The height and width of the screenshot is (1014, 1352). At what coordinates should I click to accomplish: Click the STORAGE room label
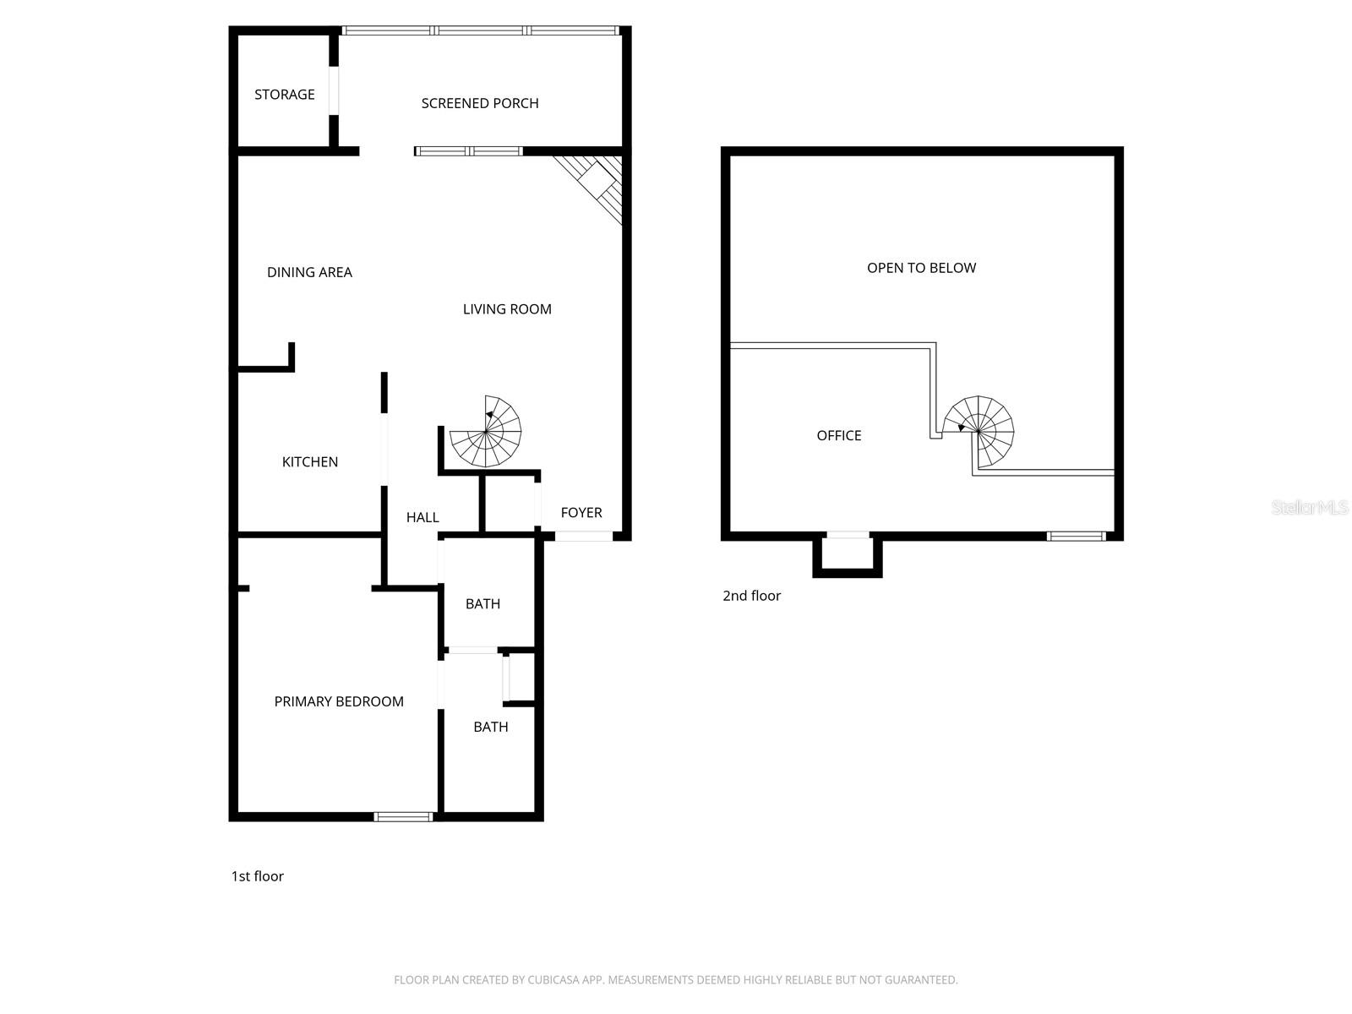point(284,95)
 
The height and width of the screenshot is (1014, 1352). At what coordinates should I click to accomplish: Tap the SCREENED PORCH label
point(479,103)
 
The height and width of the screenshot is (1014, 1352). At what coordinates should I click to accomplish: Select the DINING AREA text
point(309,272)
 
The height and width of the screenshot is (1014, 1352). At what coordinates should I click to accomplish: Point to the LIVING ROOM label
point(507,309)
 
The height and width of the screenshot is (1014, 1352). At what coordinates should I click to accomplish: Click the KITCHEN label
point(309,461)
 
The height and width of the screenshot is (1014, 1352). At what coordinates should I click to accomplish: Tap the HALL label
point(422,517)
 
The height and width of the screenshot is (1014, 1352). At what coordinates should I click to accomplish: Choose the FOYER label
point(581,512)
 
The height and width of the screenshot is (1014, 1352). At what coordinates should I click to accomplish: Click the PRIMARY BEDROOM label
point(339,701)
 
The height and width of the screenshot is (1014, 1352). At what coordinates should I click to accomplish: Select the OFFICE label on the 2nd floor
point(838,435)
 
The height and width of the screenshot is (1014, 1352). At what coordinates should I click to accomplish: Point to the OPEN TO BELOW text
point(921,268)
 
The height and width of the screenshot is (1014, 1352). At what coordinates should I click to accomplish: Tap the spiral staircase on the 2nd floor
point(979,431)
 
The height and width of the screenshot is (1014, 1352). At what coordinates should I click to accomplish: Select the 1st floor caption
point(257,876)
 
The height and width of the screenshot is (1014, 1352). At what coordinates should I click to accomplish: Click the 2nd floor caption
point(751,596)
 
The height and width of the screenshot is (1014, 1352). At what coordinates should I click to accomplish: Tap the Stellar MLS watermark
point(1309,507)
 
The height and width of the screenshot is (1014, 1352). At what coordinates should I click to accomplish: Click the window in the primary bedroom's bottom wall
point(403,816)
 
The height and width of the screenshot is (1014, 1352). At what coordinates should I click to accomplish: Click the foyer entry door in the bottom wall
point(583,536)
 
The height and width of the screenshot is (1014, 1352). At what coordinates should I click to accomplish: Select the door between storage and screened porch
point(334,90)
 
